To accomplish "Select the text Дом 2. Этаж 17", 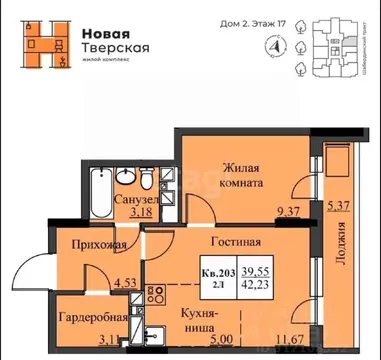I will click(x=228, y=18).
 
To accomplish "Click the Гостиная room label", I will click(x=236, y=241).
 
